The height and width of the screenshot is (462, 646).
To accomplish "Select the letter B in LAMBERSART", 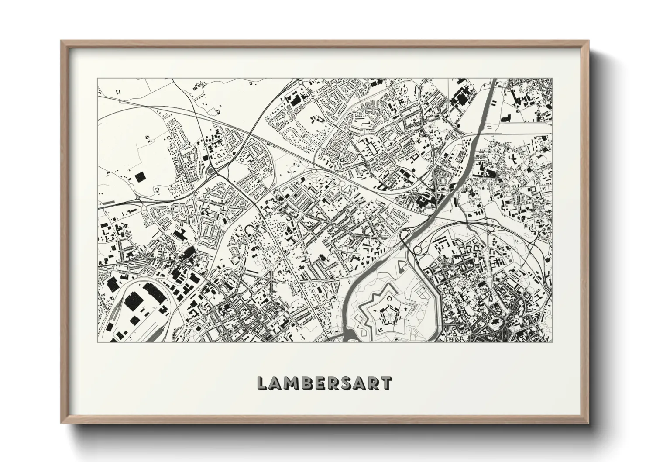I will [307, 383].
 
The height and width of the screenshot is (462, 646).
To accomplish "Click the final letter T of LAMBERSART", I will [386, 383].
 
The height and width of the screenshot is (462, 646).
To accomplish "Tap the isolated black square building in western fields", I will [140, 177].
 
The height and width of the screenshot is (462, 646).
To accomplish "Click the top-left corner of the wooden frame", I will [61, 41].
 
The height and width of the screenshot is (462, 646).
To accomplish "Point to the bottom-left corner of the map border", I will [97, 342].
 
